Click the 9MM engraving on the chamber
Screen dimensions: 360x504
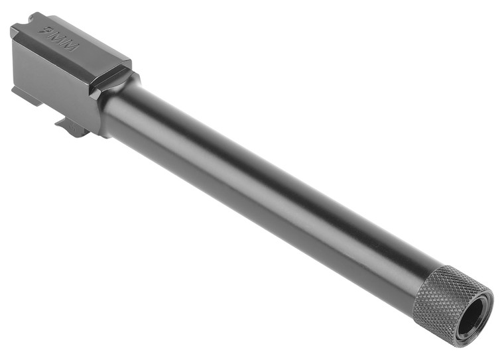pyautogui.click(x=61, y=39)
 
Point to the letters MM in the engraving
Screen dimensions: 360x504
pyautogui.click(x=67, y=43)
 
